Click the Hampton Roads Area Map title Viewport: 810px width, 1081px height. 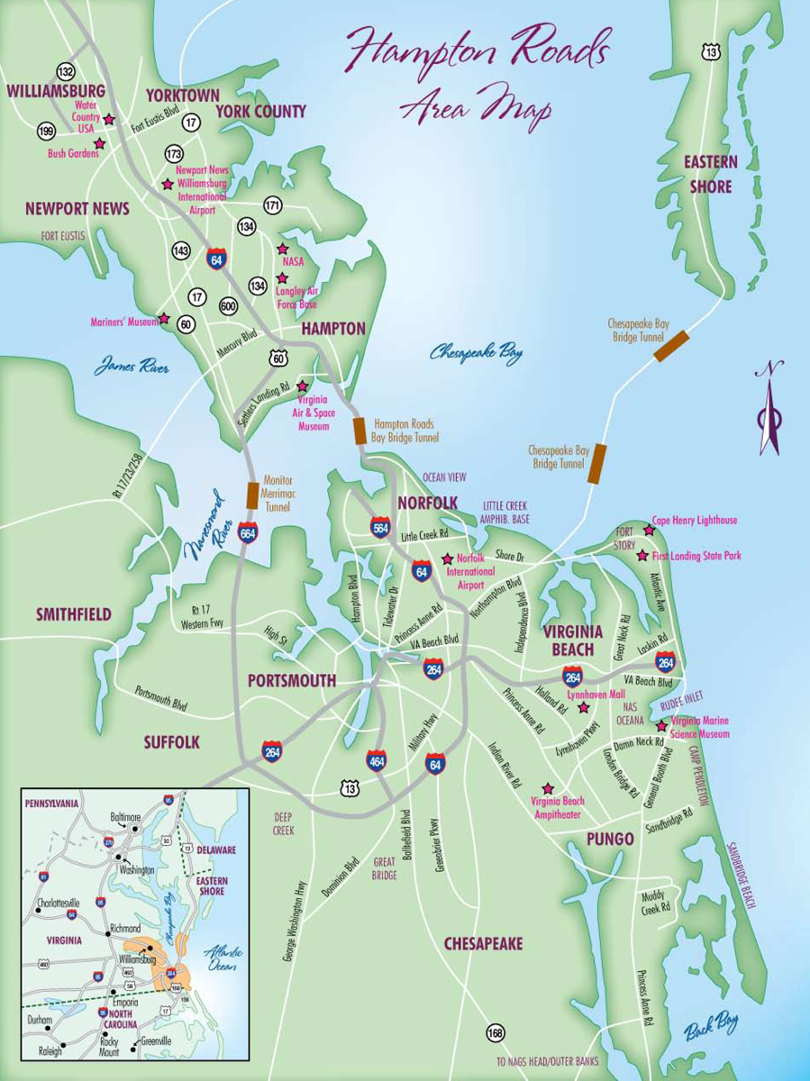[478, 72]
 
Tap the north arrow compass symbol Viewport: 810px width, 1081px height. [769, 410]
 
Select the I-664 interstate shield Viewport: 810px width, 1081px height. [249, 532]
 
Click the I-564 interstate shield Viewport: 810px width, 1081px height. [381, 529]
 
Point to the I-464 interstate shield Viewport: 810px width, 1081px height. [378, 761]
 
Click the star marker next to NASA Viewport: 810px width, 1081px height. [282, 249]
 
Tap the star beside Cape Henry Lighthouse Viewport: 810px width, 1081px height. [648, 530]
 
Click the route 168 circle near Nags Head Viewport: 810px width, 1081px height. [495, 1032]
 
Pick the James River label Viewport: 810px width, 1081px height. [132, 368]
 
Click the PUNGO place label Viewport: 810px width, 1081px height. [610, 840]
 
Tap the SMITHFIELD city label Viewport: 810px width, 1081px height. [74, 614]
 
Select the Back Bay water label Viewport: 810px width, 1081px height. [710, 1024]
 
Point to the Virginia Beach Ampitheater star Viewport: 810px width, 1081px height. [547, 788]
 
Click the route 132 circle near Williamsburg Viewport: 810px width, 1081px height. [65, 71]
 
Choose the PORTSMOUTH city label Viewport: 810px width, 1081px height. [293, 680]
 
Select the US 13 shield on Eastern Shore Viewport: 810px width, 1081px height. [712, 53]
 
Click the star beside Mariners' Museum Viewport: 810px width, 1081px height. [164, 319]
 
